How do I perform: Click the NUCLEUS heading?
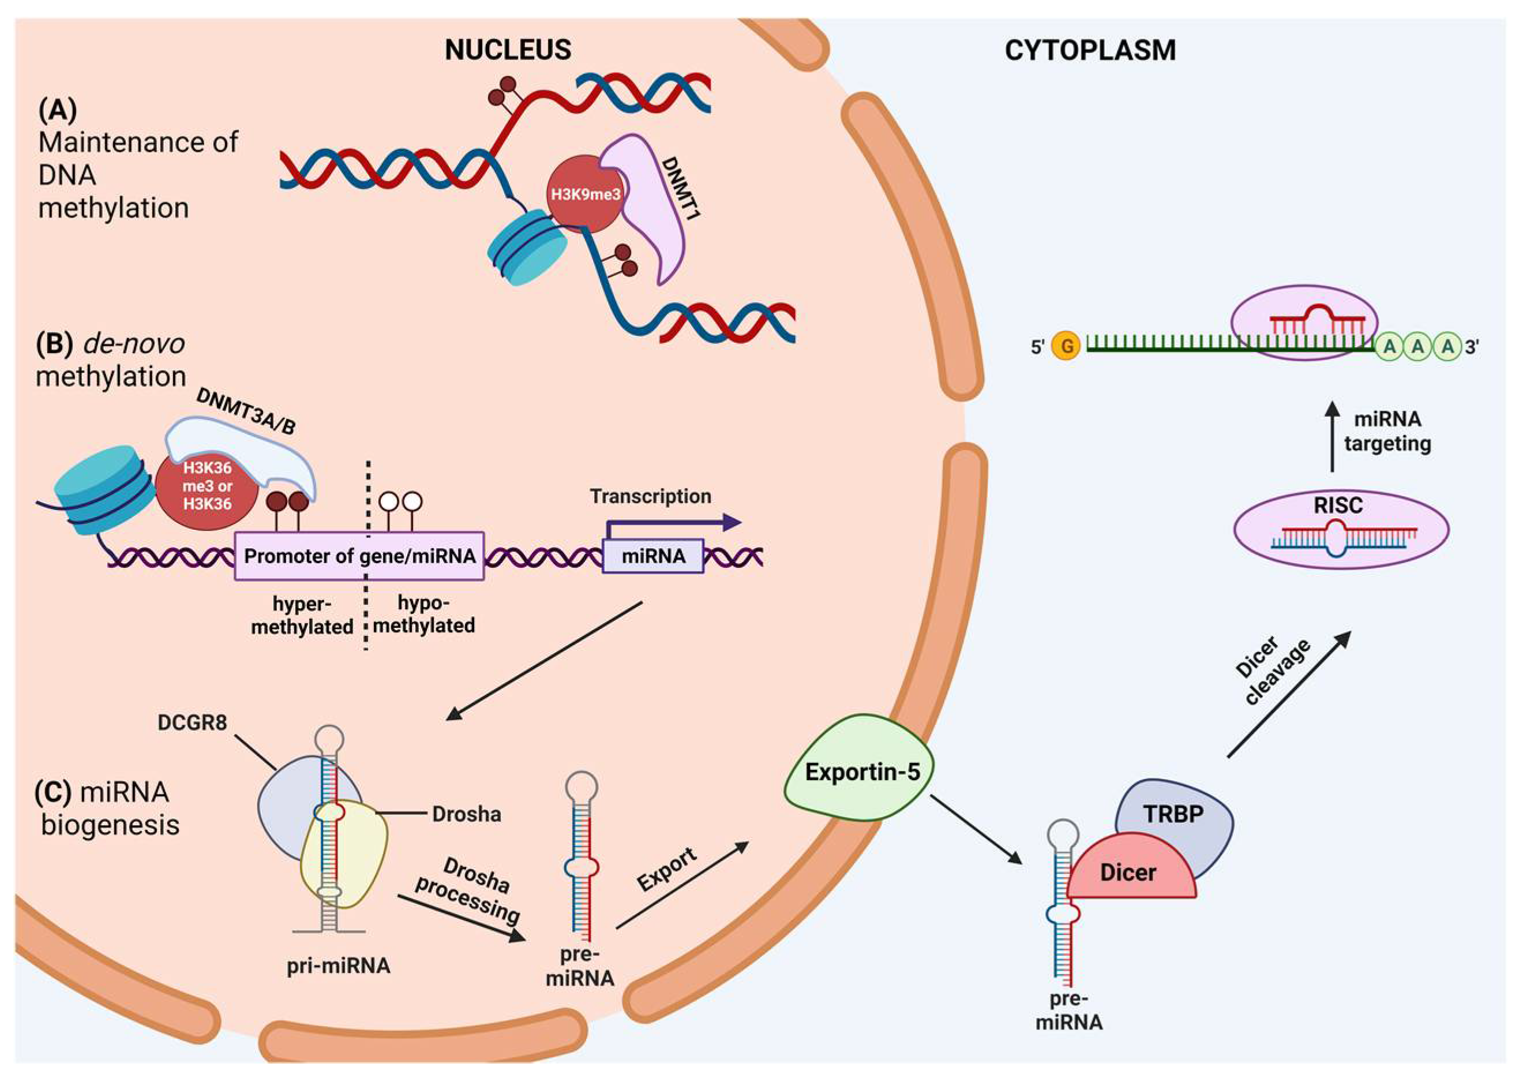tap(508, 50)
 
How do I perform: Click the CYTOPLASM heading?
tap(1090, 51)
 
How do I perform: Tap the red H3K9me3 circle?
tap(585, 194)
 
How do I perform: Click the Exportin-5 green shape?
tap(861, 772)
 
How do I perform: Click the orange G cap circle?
tap(1066, 346)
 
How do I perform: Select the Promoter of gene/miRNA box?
tap(359, 556)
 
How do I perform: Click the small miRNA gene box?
tap(652, 556)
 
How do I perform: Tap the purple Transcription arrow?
tap(673, 523)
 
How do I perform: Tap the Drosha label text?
tap(466, 814)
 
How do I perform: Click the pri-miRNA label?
tap(338, 965)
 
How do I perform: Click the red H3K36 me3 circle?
tap(207, 486)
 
